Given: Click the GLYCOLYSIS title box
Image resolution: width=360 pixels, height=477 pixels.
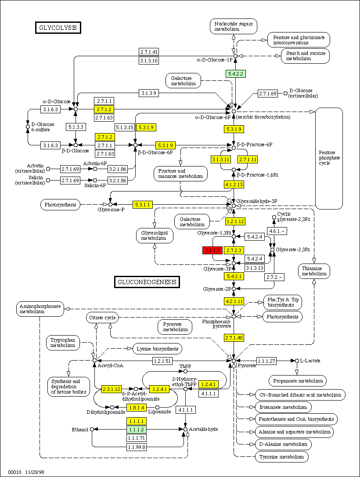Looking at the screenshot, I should pyautogui.click(x=58, y=28).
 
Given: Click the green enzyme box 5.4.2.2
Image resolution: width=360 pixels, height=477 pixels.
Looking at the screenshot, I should pyautogui.click(x=236, y=74).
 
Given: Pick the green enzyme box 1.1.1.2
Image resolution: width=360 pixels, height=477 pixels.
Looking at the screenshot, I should pyautogui.click(x=137, y=429).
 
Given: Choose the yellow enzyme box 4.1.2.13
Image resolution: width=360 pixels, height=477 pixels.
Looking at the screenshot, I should pyautogui.click(x=234, y=184).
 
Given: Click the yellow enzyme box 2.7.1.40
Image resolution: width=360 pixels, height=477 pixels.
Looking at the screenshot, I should pyautogui.click(x=234, y=337).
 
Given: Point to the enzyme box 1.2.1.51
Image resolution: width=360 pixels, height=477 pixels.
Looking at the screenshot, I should pyautogui.click(x=163, y=361).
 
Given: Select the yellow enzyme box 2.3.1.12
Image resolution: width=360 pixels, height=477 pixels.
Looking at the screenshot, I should pyautogui.click(x=112, y=389).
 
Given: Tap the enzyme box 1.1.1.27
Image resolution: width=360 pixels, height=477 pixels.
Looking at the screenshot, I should pyautogui.click(x=266, y=361).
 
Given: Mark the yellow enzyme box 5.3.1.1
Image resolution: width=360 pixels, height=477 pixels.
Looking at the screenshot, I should pyautogui.click(x=143, y=204).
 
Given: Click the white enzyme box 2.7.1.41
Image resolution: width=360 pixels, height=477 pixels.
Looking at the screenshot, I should pyautogui.click(x=149, y=51).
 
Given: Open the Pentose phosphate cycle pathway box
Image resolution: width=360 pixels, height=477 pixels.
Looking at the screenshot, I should pyautogui.click(x=329, y=158).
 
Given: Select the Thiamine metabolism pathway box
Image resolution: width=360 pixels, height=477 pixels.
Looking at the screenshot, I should pyautogui.click(x=314, y=271).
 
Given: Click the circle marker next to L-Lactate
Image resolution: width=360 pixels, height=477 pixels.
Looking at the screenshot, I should pyautogui.click(x=292, y=361).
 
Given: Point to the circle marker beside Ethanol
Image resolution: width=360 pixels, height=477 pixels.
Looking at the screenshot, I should pyautogui.click(x=92, y=429).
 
